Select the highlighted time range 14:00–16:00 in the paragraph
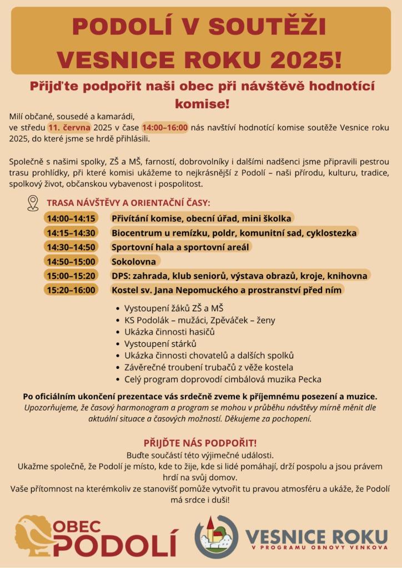165,128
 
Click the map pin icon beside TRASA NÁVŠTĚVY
33,203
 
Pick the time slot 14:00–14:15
71,218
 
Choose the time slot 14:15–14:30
71,232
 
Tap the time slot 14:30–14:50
71,247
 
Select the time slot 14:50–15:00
71,261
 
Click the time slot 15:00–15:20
71,276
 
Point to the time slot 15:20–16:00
71,290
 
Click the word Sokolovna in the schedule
134,261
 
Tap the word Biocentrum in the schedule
137,232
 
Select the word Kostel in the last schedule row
125,290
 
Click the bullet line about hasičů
169,332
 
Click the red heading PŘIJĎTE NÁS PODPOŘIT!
200,443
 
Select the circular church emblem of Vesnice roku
216,536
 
